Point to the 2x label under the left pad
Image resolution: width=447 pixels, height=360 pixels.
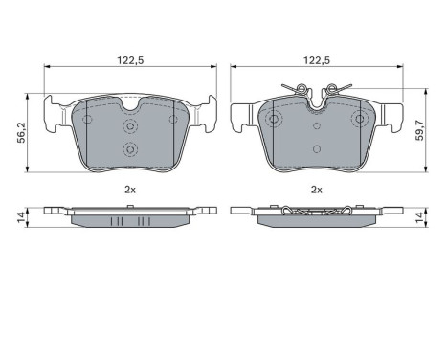pyautogui.click(x=128, y=189)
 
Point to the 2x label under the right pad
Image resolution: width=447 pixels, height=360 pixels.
pyautogui.click(x=316, y=189)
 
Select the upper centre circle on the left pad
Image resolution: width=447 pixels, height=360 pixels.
pyautogui.click(x=129, y=124)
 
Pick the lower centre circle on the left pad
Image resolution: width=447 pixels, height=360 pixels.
pyautogui.click(x=129, y=148)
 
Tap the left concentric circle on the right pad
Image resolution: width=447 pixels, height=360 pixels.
pyautogui.click(x=274, y=120)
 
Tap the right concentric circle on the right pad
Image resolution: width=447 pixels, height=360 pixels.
pyautogui.click(x=360, y=120)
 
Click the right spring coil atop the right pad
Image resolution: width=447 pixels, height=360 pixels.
pyautogui.click(x=332, y=91)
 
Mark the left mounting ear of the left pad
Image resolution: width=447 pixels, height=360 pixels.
pyautogui.click(x=56, y=110)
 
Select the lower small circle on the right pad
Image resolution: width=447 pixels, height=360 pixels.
pyautogui.click(x=317, y=148)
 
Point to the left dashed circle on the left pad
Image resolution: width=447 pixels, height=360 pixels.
pyautogui.click(x=87, y=120)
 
